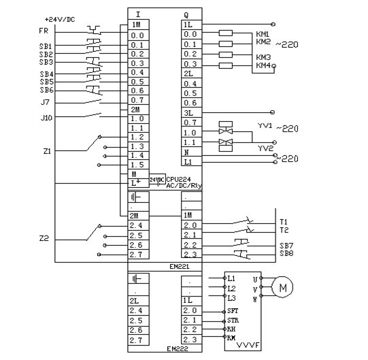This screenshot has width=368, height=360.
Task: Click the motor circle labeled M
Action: pos(282,287)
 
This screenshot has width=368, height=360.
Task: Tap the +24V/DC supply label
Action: pos(60,20)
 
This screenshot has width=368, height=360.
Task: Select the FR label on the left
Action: pos(44,31)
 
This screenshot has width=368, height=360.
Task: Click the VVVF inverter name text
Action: pos(248,345)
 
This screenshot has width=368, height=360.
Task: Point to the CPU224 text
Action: pos(178,180)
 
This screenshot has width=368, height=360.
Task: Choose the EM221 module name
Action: pos(180,267)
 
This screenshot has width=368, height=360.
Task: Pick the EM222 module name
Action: pos(178,348)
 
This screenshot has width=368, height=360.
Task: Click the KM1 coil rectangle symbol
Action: pos(226,33)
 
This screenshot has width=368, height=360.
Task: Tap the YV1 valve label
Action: pos(265,126)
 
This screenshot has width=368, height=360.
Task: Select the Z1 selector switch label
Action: pos(47,151)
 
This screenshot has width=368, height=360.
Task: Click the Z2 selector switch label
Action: pos(44,239)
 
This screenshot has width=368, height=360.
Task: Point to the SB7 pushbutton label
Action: pos(286,246)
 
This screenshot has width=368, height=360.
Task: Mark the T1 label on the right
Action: pos(284,222)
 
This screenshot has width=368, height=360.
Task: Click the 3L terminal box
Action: pos(192,113)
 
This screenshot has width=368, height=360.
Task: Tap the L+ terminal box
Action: pos(139,183)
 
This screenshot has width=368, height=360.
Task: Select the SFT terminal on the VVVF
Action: pos(233,311)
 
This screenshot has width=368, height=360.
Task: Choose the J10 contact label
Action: pos(46,118)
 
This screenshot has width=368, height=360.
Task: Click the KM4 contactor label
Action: pos(263,65)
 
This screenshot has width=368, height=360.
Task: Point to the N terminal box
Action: pos(192,152)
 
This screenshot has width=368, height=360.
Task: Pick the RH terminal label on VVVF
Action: pos(231,329)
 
